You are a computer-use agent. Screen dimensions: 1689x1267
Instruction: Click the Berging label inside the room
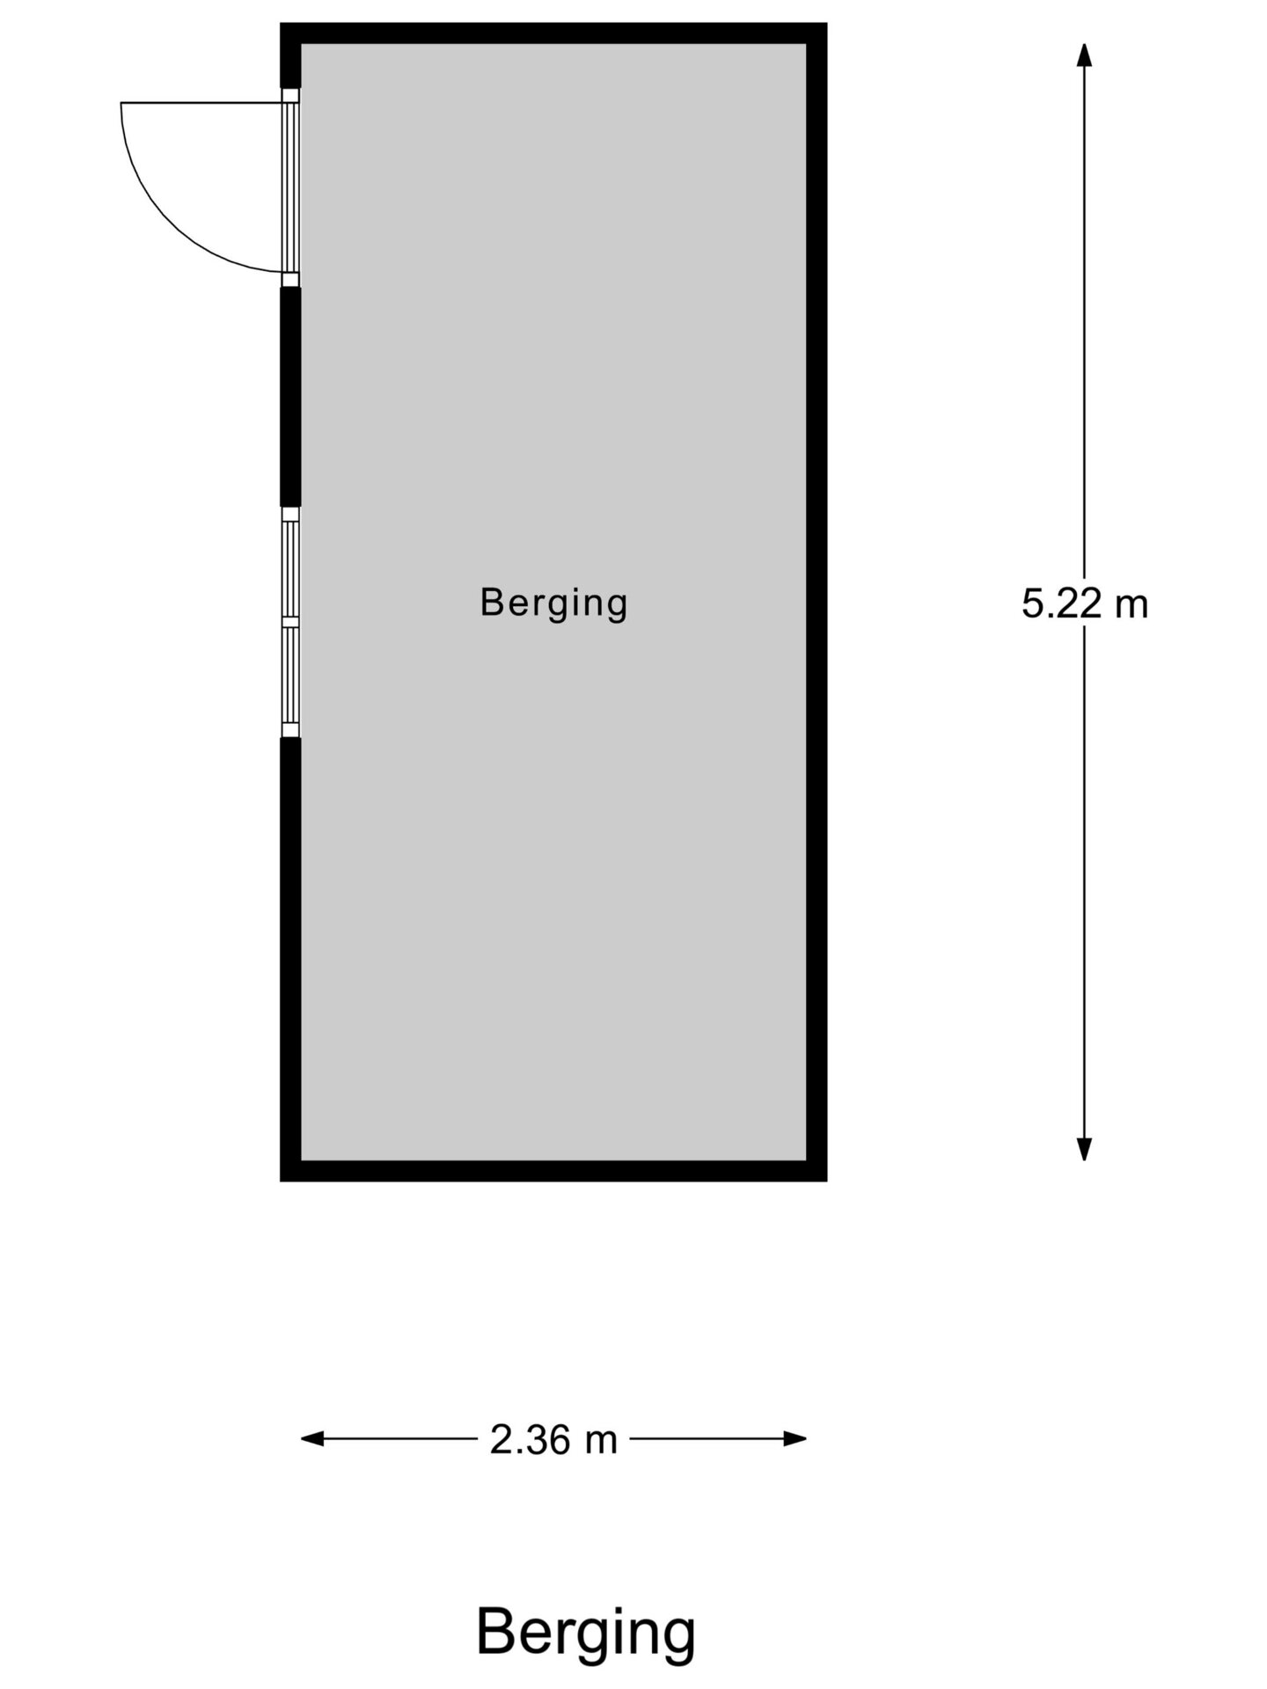pyautogui.click(x=553, y=603)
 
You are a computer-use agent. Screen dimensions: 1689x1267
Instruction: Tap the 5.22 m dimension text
pyautogui.click(x=1084, y=604)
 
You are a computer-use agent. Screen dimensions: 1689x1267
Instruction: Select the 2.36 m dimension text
pyautogui.click(x=553, y=1440)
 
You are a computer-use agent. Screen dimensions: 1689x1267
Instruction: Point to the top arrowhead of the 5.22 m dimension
pyautogui.click(x=1084, y=54)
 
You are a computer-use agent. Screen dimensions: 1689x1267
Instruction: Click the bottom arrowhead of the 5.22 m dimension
pyautogui.click(x=1084, y=1149)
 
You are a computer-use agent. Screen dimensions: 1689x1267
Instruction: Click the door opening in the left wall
pyautogui.click(x=290, y=187)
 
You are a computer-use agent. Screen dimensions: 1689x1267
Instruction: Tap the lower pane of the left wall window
pyautogui.click(x=290, y=675)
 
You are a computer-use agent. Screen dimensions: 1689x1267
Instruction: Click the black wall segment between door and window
pyautogui.click(x=290, y=396)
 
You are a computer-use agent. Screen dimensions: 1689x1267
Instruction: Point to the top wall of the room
pyautogui.click(x=553, y=33)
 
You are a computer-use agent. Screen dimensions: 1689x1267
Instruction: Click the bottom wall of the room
pyautogui.click(x=553, y=1171)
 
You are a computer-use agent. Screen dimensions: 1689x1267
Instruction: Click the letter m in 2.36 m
pyautogui.click(x=601, y=1441)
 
